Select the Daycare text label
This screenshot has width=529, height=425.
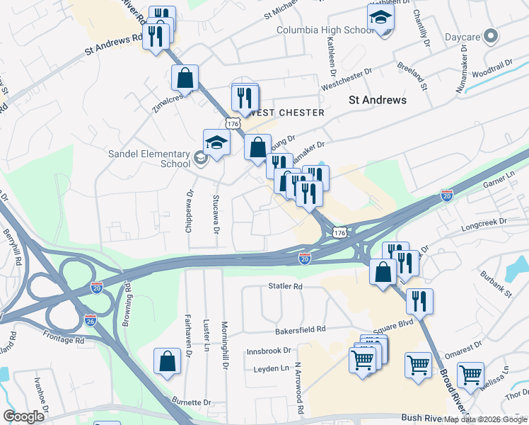click(464, 35)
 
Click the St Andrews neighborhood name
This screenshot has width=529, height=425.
click(378, 100)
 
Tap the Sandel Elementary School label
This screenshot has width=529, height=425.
click(149, 159)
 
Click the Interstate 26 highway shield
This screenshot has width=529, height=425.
click(90, 319)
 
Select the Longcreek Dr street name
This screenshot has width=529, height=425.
click(484, 222)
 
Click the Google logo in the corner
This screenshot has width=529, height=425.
click(24, 416)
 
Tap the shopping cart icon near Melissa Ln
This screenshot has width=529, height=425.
click(470, 375)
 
